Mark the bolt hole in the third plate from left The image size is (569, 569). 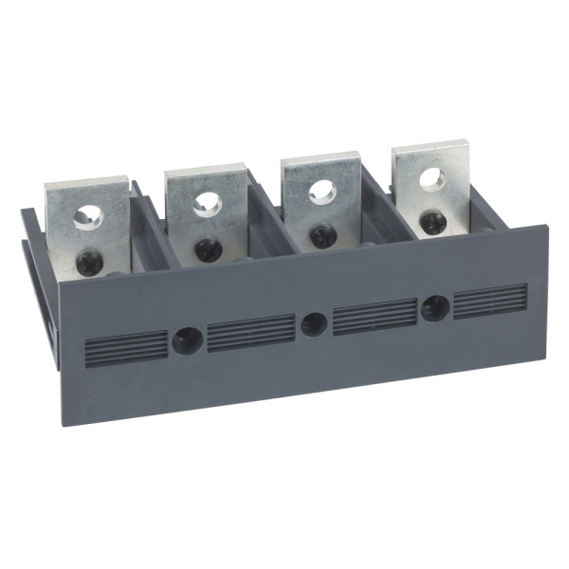pyautogui.click(x=321, y=189)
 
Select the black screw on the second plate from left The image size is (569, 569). pyautogui.click(x=209, y=248)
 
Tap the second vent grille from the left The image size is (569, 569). pyautogui.click(x=250, y=333)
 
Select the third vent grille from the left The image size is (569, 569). pyautogui.click(x=375, y=316)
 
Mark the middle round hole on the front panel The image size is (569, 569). pyautogui.click(x=314, y=323)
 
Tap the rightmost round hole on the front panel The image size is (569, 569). pyautogui.click(x=435, y=306)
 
